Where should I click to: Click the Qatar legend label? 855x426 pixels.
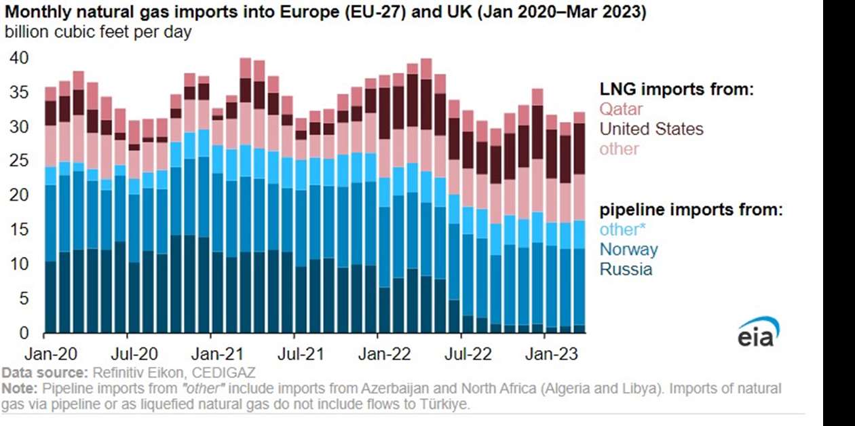click(620, 109)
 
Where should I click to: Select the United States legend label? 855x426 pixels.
click(651, 129)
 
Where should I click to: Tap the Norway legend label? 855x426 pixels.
click(628, 249)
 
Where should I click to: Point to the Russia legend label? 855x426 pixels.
click(625, 269)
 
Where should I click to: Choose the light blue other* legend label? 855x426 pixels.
click(622, 229)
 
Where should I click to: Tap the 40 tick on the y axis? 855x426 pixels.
click(19, 58)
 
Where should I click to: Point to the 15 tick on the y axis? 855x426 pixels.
click(19, 230)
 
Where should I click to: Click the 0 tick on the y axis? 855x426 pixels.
click(24, 332)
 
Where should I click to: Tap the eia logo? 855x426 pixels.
click(758, 332)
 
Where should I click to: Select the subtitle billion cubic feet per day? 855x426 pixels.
click(98, 33)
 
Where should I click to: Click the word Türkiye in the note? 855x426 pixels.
click(446, 404)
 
